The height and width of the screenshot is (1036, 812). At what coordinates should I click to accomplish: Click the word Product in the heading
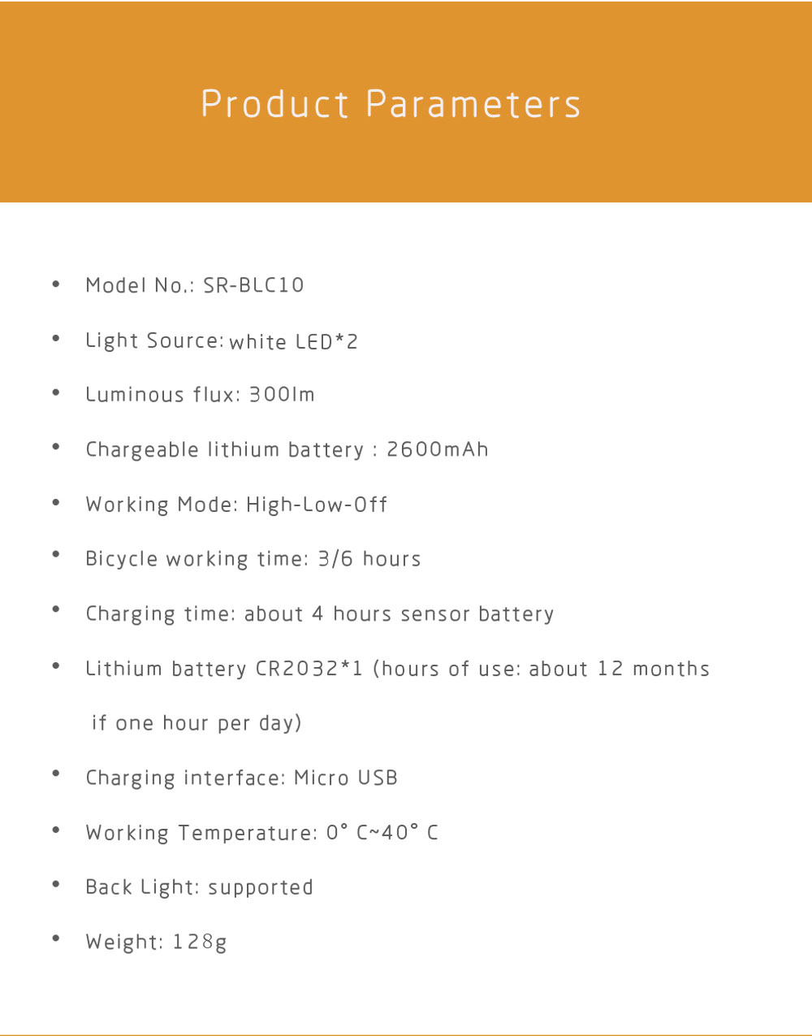(x=274, y=105)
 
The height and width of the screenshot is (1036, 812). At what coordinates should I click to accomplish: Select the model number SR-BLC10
(x=253, y=285)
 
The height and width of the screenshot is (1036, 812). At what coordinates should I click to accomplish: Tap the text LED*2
(x=326, y=342)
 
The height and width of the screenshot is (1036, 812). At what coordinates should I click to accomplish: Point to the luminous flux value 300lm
(x=281, y=395)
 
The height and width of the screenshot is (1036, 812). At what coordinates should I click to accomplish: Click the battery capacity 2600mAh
(x=437, y=449)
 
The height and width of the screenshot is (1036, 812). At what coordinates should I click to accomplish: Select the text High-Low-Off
(x=317, y=505)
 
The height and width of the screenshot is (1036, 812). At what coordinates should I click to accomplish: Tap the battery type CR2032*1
(x=309, y=669)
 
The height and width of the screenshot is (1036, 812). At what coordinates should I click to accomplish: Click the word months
(x=671, y=669)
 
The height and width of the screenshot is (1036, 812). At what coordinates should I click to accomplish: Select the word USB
(x=378, y=778)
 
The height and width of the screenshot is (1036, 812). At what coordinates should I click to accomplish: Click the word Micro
(x=322, y=778)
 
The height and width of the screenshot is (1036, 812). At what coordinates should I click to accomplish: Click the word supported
(x=261, y=888)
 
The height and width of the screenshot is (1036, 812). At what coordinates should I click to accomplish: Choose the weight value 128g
(x=200, y=943)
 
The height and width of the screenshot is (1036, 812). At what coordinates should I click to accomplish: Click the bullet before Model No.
(x=56, y=284)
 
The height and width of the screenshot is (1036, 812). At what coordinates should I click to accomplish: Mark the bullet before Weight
(x=56, y=938)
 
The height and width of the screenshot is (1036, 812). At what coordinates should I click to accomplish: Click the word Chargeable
(x=142, y=450)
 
